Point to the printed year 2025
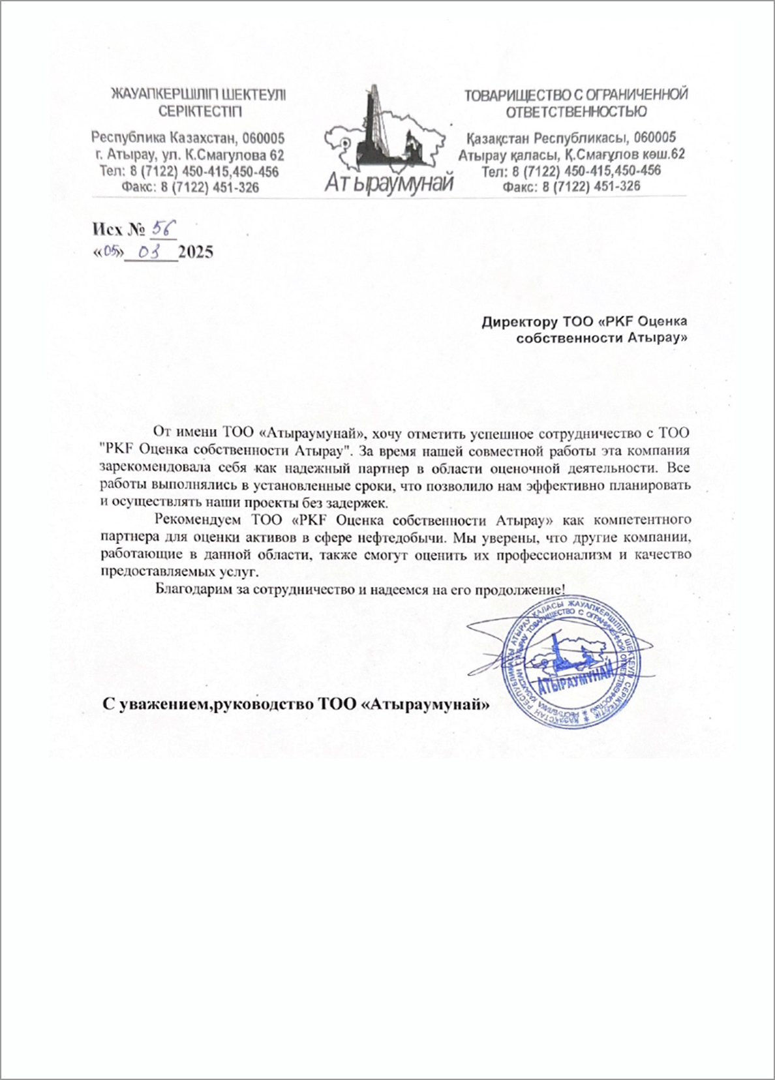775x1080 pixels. pos(196,252)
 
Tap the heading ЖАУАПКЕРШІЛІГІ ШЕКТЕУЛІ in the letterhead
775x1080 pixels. pos(200,95)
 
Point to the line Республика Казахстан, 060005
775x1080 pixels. pos(188,138)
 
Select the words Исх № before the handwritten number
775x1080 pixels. pos(117,230)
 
